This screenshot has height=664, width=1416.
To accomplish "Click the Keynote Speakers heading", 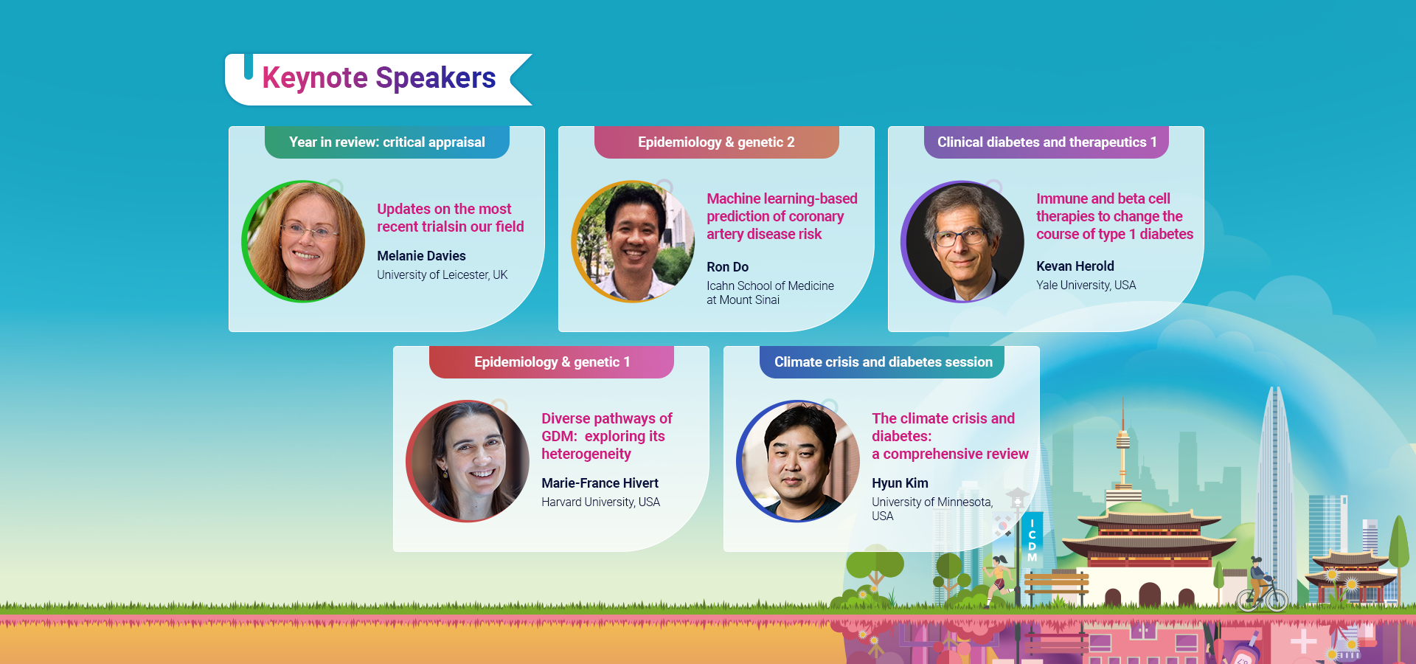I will [378, 78].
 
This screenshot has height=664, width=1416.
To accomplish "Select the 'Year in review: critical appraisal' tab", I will [386, 142].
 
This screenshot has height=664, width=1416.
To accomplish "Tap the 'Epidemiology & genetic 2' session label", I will [716, 142].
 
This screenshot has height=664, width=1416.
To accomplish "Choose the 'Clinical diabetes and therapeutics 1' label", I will [1047, 142].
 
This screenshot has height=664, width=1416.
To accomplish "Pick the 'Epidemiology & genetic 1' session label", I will [552, 362].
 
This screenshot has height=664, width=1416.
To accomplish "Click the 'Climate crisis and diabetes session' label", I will [883, 362].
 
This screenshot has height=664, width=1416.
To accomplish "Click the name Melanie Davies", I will [421, 256].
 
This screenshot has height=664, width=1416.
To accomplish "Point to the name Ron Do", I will [727, 267].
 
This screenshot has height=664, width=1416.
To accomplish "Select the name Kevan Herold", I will [1075, 266].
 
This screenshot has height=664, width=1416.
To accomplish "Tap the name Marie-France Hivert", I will [600, 483].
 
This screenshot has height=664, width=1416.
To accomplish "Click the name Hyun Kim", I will [900, 483].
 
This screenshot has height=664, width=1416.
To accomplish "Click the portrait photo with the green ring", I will [304, 241].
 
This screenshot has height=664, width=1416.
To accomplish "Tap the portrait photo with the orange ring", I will [633, 241].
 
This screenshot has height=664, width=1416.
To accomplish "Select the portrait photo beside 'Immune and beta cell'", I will [962, 241].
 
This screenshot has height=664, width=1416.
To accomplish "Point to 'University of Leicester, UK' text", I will [442, 275].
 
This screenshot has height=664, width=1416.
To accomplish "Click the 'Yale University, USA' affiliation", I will [1086, 286].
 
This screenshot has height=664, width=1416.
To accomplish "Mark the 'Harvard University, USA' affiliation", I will [600, 502].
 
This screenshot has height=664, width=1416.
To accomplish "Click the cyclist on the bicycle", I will [1261, 587].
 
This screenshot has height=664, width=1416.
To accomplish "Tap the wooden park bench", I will [1056, 584].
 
